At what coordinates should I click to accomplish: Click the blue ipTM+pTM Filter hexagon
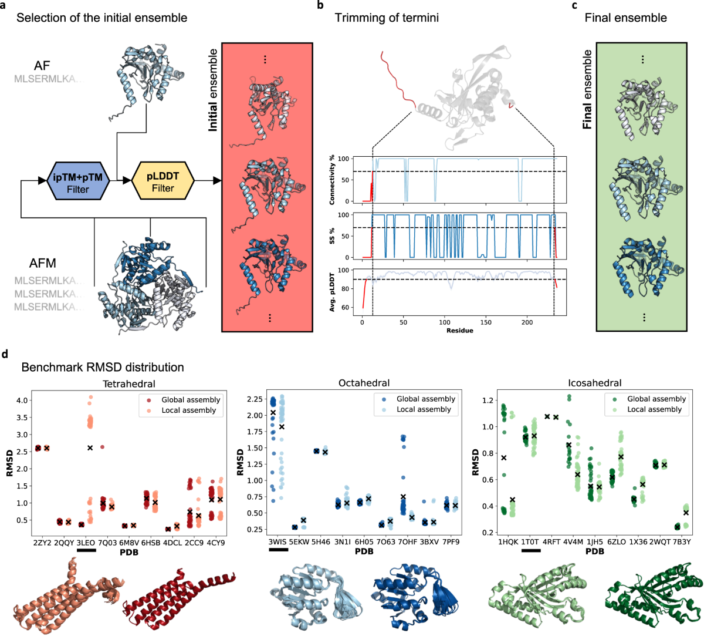(78, 181)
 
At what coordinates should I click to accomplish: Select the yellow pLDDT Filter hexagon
(163, 181)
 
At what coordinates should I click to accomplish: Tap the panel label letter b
(320, 6)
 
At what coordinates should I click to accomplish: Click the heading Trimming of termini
(387, 18)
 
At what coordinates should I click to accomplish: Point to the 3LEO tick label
(86, 543)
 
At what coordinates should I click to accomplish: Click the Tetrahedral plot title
(129, 384)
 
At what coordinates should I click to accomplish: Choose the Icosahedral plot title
(594, 383)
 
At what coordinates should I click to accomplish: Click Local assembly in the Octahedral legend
(424, 409)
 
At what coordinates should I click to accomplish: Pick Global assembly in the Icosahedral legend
(656, 399)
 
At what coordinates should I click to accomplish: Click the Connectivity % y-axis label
(332, 180)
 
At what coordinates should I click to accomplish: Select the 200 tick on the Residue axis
(527, 322)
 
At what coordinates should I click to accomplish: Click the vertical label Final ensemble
(587, 89)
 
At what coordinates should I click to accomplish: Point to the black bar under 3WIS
(278, 550)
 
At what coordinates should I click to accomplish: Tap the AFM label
(43, 263)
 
